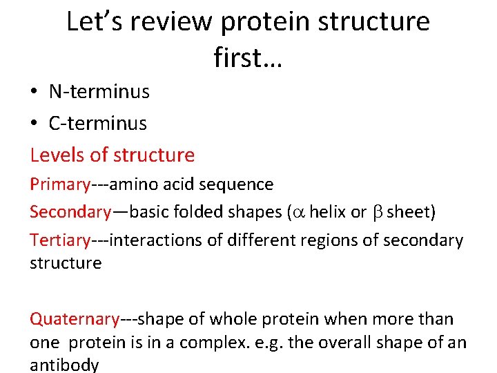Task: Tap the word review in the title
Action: [176, 22]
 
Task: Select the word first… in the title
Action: [248, 58]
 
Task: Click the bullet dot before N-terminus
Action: [35, 91]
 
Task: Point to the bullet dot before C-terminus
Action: [35, 124]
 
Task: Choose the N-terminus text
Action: [99, 91]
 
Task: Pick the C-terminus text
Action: [97, 124]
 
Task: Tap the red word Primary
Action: [60, 185]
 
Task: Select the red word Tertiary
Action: [60, 240]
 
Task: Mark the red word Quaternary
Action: [75, 319]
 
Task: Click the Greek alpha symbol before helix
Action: [298, 212]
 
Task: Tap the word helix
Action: [328, 212]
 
